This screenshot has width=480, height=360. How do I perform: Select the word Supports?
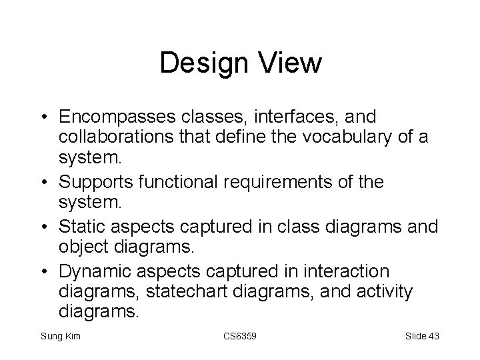95,181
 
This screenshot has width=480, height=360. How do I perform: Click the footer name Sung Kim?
60,336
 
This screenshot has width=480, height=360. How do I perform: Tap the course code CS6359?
239,336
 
